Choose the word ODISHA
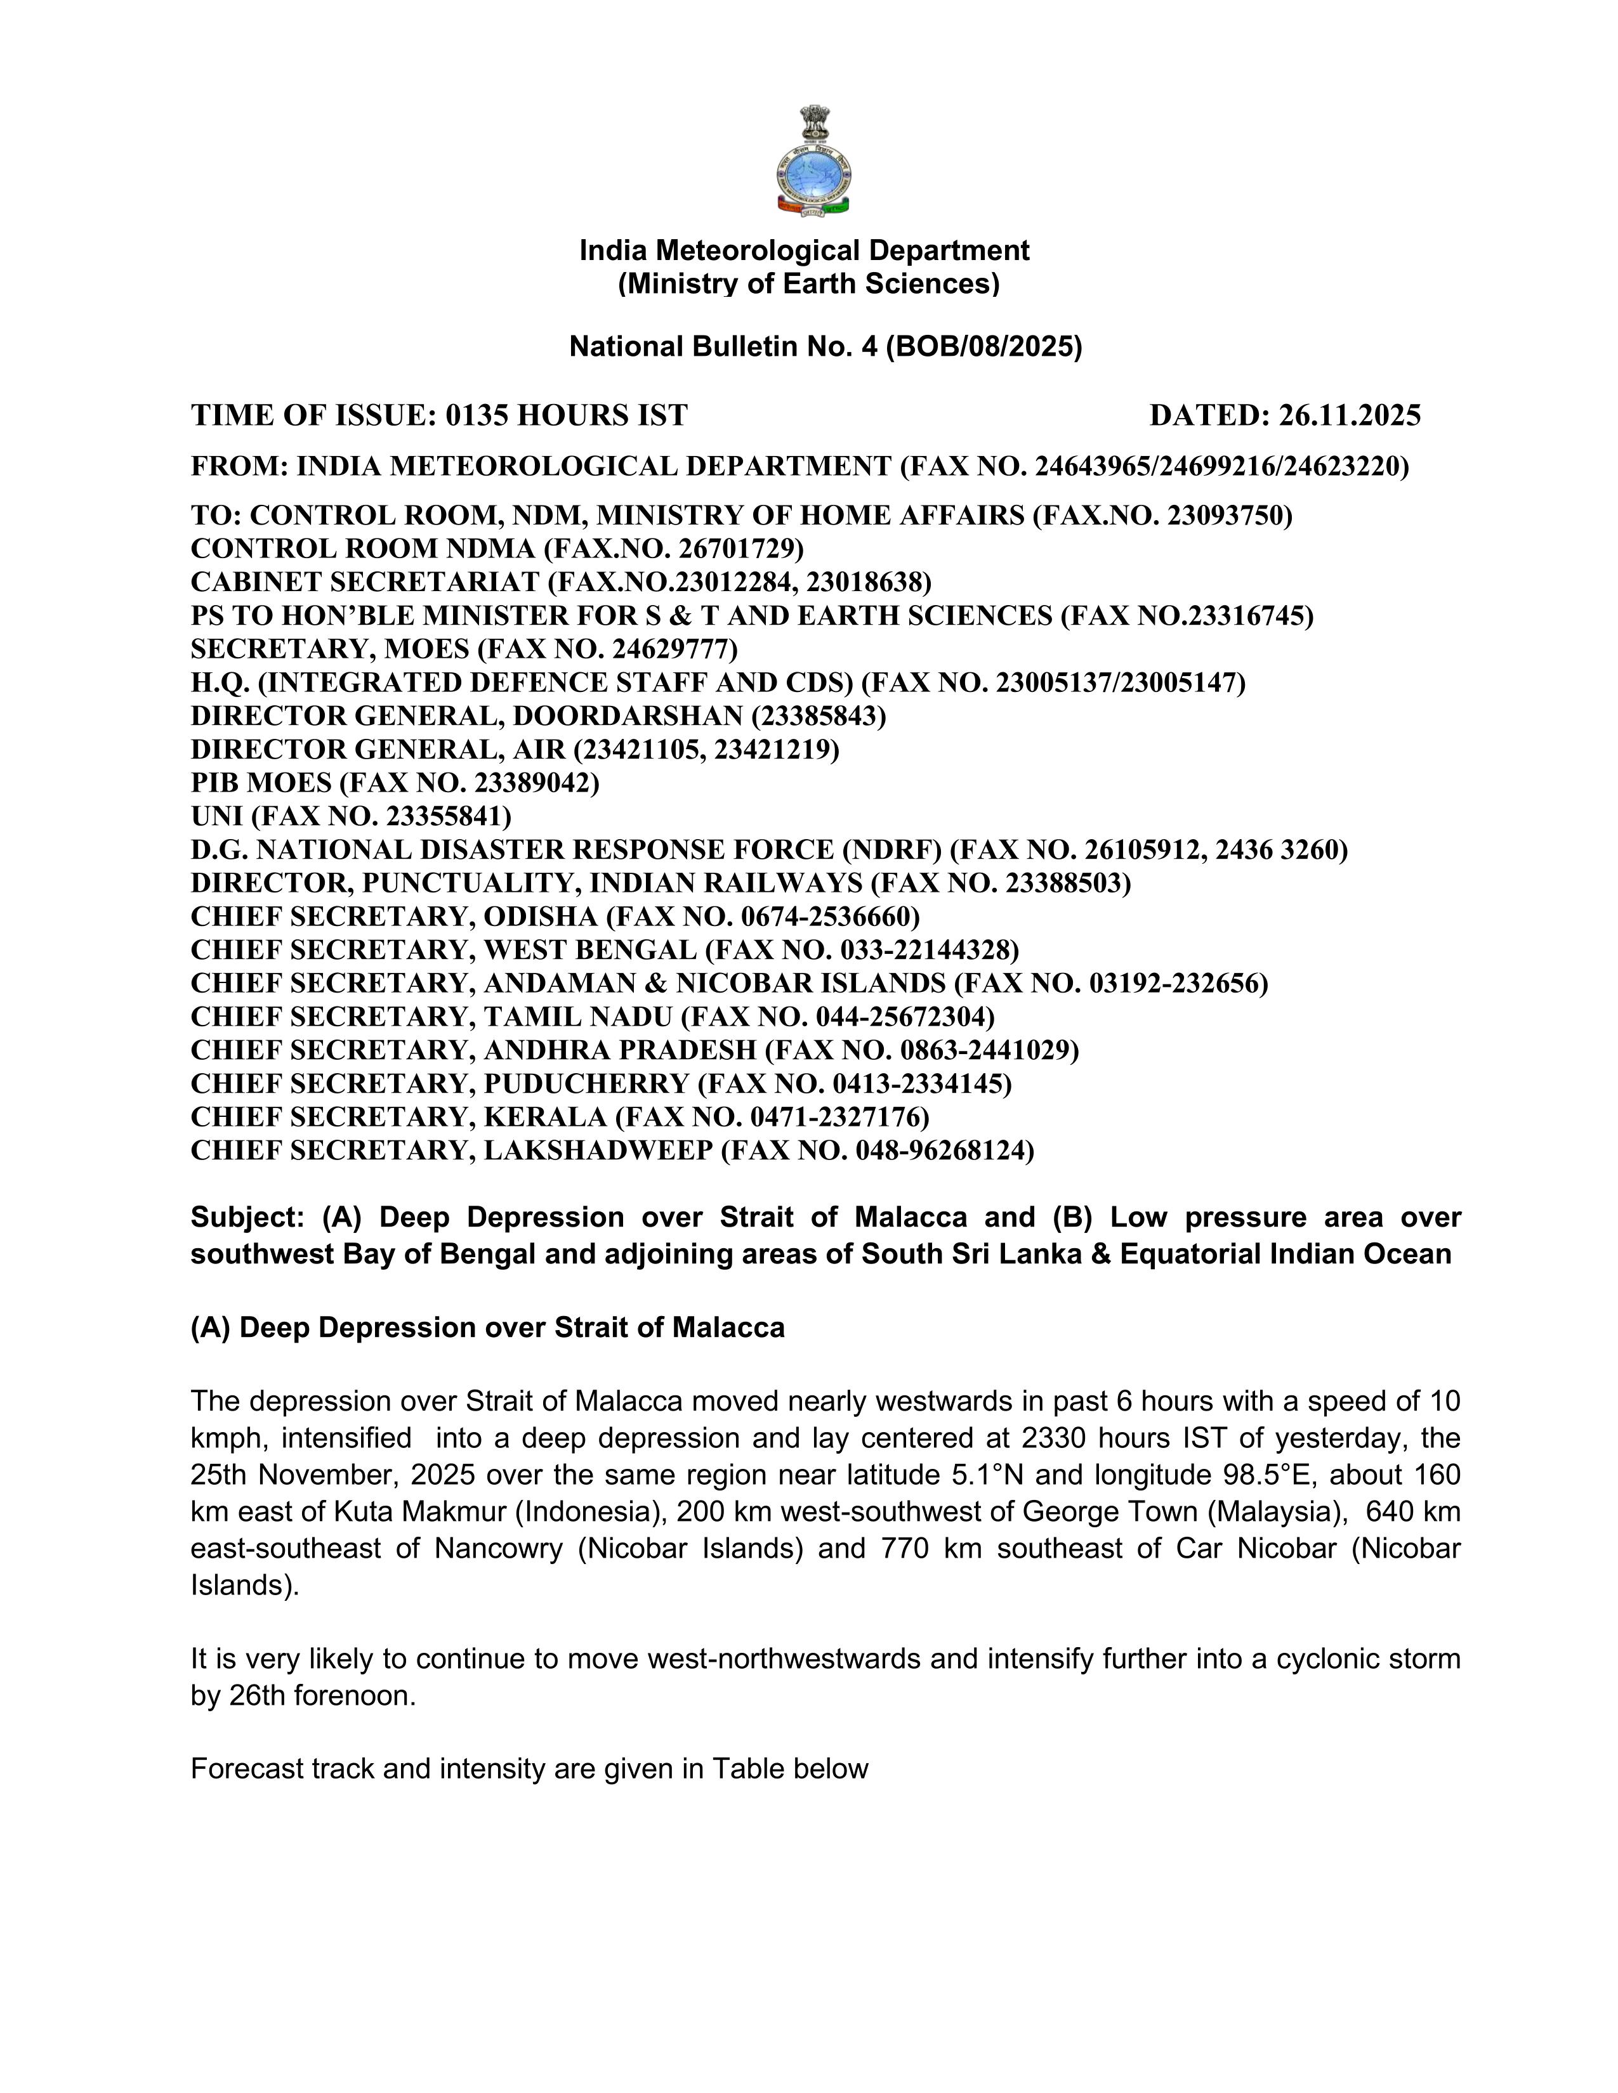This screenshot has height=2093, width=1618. point(540,917)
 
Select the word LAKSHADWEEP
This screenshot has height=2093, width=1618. point(597,1151)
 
